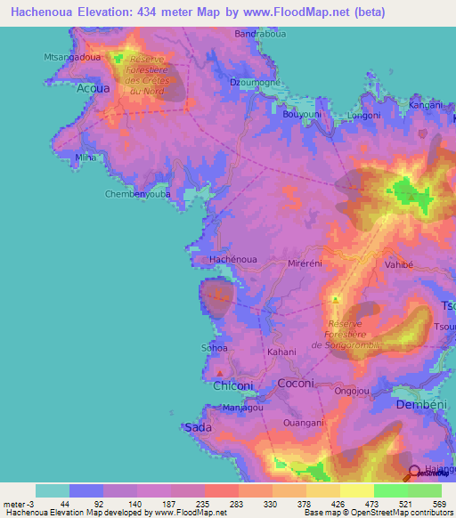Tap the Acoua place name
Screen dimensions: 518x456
(x=94, y=90)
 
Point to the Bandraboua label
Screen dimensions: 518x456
(x=258, y=35)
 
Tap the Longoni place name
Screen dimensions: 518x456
(x=363, y=116)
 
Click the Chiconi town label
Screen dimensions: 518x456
(x=233, y=385)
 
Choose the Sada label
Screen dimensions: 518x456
(x=197, y=427)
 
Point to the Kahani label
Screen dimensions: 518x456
(x=281, y=352)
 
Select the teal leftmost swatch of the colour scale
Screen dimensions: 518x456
(x=53, y=490)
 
